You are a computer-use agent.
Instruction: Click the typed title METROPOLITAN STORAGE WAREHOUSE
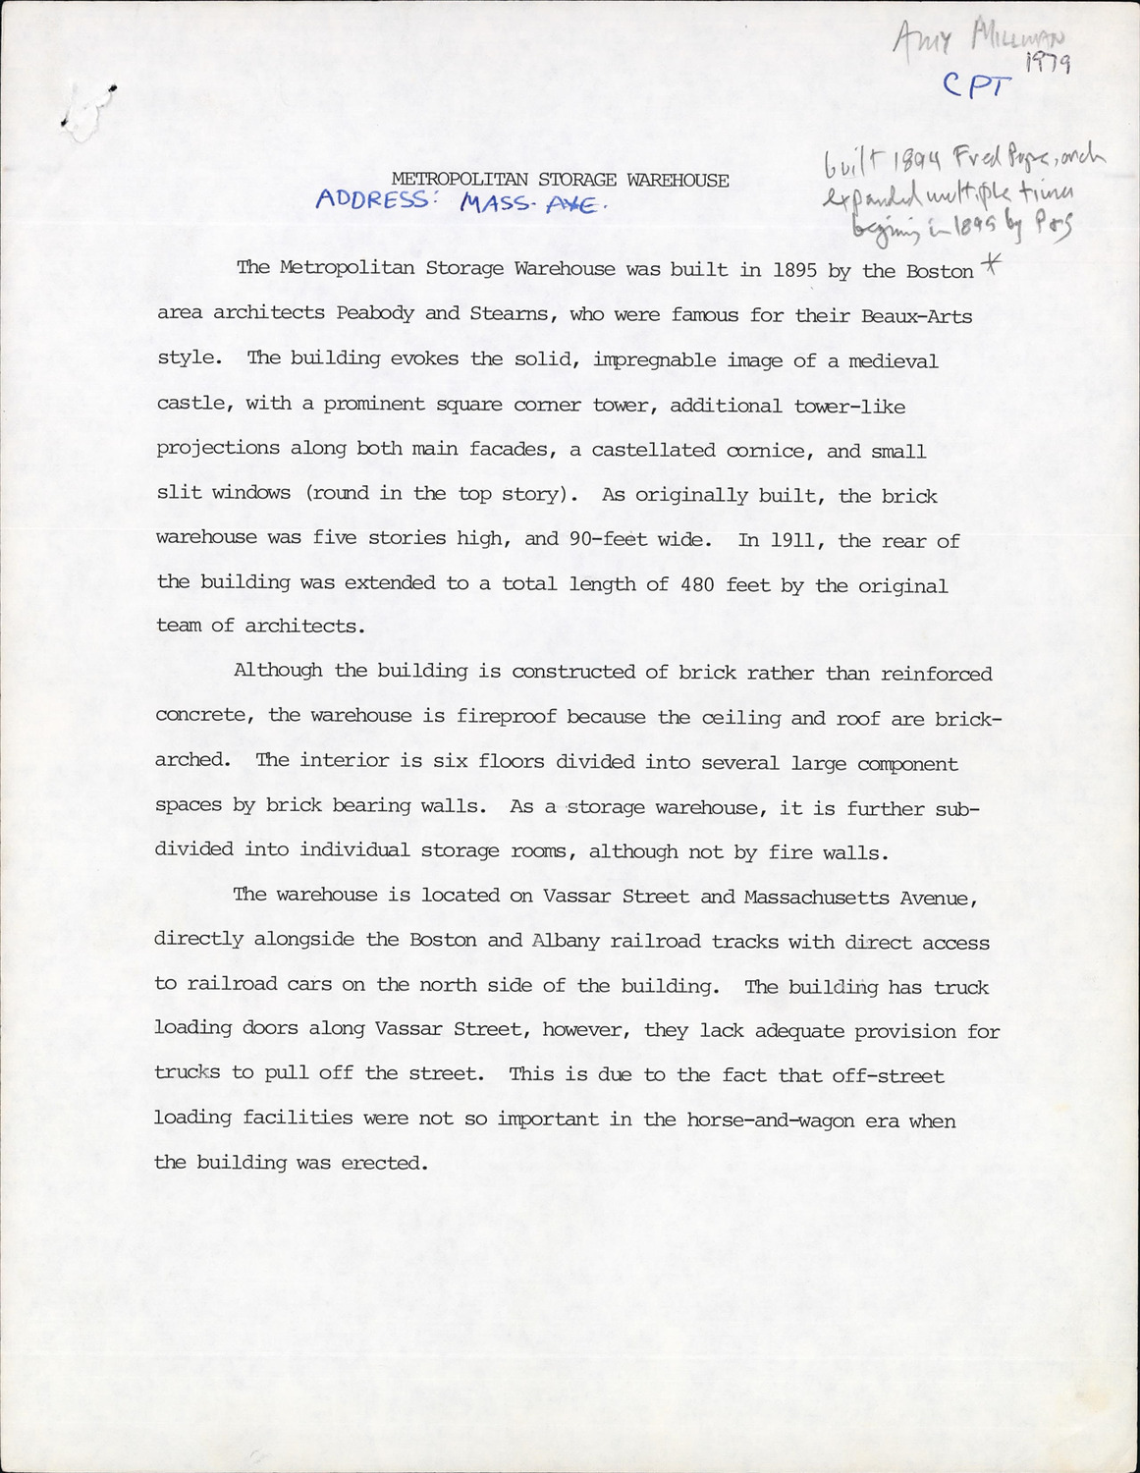pos(560,180)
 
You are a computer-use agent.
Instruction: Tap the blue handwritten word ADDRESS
pos(372,199)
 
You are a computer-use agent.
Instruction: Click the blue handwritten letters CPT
pos(976,86)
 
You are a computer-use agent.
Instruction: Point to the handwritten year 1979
pos(1047,65)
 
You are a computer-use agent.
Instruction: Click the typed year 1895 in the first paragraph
pos(794,270)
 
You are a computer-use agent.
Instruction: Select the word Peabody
pos(377,314)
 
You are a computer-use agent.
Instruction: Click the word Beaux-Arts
pos(917,316)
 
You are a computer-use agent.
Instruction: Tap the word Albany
pos(565,941)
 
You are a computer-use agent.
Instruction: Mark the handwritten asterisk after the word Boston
pos(989,264)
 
